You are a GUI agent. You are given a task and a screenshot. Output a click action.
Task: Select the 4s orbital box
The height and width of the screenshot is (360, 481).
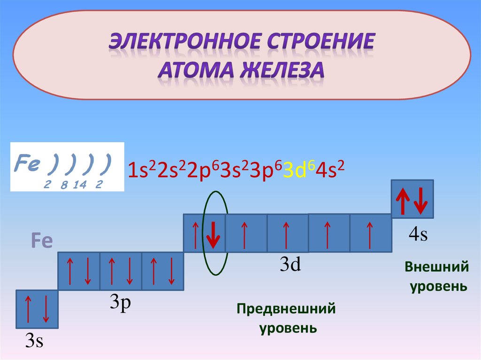click(x=412, y=200)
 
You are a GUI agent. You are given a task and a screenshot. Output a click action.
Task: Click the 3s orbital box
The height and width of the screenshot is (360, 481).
click(x=37, y=309)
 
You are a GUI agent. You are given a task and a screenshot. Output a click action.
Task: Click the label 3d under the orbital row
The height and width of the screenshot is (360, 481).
click(x=290, y=266)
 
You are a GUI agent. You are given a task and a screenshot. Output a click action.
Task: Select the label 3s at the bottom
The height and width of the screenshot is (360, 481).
click(x=34, y=341)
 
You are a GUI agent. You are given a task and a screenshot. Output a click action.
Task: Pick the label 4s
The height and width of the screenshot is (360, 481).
click(x=418, y=235)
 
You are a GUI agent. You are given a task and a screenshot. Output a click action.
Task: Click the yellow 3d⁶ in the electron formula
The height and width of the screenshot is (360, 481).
click(x=298, y=171)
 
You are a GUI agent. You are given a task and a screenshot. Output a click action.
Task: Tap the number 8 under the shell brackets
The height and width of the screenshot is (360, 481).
click(x=63, y=185)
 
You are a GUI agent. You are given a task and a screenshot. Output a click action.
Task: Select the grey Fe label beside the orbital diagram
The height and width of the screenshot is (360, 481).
click(x=42, y=241)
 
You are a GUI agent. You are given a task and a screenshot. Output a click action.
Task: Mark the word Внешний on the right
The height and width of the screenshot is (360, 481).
click(x=437, y=267)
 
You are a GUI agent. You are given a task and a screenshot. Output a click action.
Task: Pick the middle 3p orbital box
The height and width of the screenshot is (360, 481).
click(x=120, y=271)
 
